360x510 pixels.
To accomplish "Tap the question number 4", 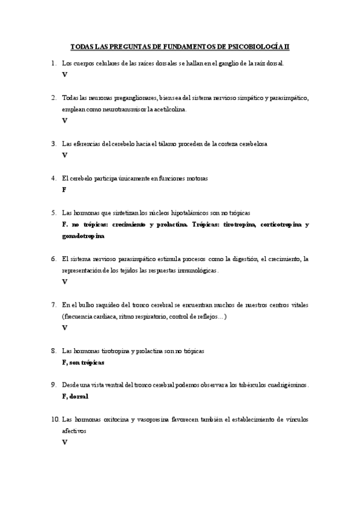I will pos(53,178).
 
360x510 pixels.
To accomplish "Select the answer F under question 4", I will pos(64,189).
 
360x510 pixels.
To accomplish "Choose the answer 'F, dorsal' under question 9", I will pos(75,396).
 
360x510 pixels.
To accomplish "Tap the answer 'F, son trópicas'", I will pos(83,363).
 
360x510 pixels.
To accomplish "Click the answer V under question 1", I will pos(64,75).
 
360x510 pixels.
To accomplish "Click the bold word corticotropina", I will pos(280,225).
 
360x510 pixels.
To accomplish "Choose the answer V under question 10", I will pos(64,443).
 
